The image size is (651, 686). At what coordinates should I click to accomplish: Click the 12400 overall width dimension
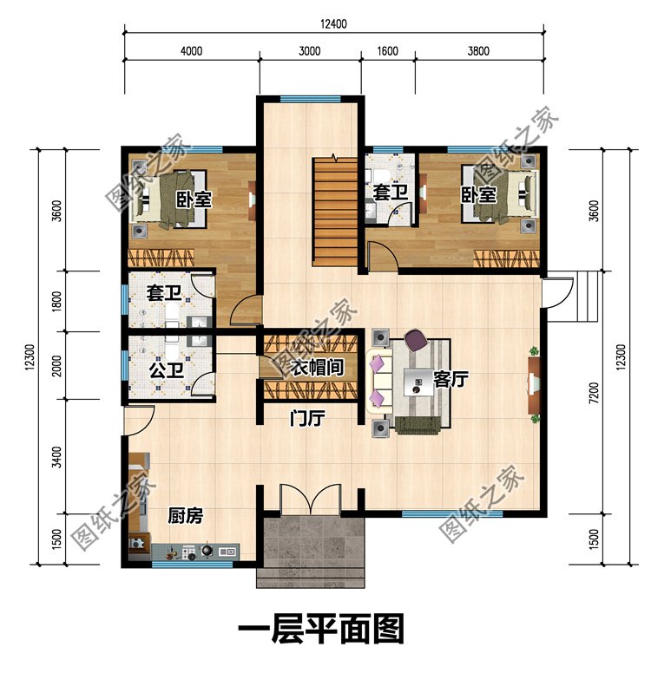pos(333,23)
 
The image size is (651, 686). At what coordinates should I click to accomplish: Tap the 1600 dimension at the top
pos(387,51)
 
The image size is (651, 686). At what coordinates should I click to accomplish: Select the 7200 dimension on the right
pos(594,393)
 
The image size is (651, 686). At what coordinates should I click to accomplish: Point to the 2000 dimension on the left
pos(57,366)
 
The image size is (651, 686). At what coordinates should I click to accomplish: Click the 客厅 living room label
pos(450,379)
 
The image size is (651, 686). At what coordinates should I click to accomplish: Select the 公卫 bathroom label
pos(167,370)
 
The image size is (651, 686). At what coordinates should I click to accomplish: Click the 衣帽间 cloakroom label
pos(317,367)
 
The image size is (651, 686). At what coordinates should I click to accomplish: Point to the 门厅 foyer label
pos(307,418)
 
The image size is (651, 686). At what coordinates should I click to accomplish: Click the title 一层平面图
pos(321,628)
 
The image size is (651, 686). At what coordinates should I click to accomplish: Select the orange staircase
pos(335,212)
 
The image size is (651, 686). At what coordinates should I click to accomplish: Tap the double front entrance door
pos(310,499)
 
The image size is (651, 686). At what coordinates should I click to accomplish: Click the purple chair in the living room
pos(416,339)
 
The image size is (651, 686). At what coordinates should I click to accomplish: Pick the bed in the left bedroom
pos(168,199)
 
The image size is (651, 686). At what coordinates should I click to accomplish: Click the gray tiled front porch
pos(311,551)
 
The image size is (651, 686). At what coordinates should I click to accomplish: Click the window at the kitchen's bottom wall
pos(192,565)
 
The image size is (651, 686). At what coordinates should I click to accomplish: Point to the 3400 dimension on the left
pos(57,457)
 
